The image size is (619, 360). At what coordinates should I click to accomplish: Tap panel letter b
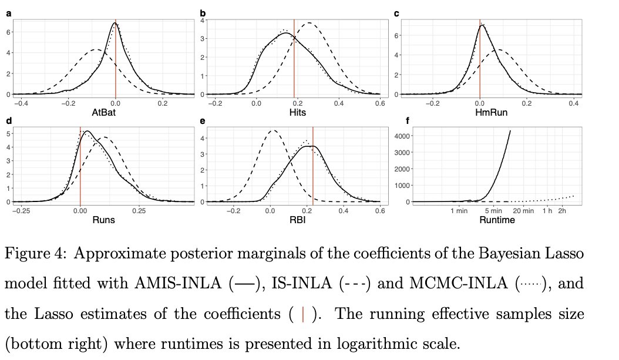coord(203,13)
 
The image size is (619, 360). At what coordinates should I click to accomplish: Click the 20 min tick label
coord(524,210)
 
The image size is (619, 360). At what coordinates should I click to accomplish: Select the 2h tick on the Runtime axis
coord(562,210)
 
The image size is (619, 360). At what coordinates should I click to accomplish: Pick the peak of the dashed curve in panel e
coord(272,130)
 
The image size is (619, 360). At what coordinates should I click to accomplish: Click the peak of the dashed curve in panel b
coord(308,23)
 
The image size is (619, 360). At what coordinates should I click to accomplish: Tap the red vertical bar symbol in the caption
coord(302,314)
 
